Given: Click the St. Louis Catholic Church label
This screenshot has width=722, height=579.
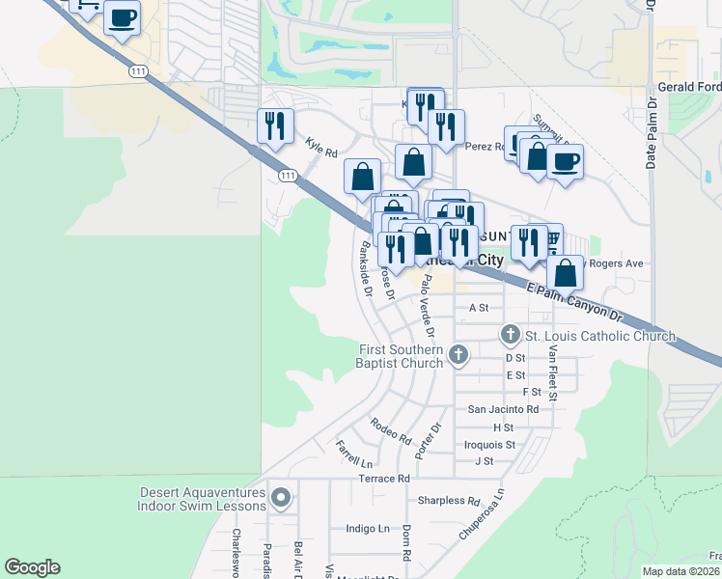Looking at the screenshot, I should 599,336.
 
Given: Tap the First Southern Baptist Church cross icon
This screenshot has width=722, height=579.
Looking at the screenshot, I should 458,356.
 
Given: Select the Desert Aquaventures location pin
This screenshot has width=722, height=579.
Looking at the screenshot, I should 281,498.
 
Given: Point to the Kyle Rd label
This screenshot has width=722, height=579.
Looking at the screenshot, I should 321,148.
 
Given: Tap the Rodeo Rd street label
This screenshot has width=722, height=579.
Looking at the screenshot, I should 390,426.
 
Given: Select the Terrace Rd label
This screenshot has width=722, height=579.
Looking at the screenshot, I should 384,478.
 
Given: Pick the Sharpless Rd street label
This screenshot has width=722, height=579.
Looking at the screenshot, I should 449,501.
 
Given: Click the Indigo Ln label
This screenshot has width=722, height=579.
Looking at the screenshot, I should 368,529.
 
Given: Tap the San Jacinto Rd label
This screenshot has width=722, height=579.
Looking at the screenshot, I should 503,409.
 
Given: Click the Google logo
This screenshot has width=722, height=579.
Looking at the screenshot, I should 32,567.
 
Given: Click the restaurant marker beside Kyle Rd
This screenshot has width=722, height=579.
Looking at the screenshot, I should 275,126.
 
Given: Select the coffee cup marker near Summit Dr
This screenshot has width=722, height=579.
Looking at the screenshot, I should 565,159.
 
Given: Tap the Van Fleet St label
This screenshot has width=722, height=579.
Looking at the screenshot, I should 553,372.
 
